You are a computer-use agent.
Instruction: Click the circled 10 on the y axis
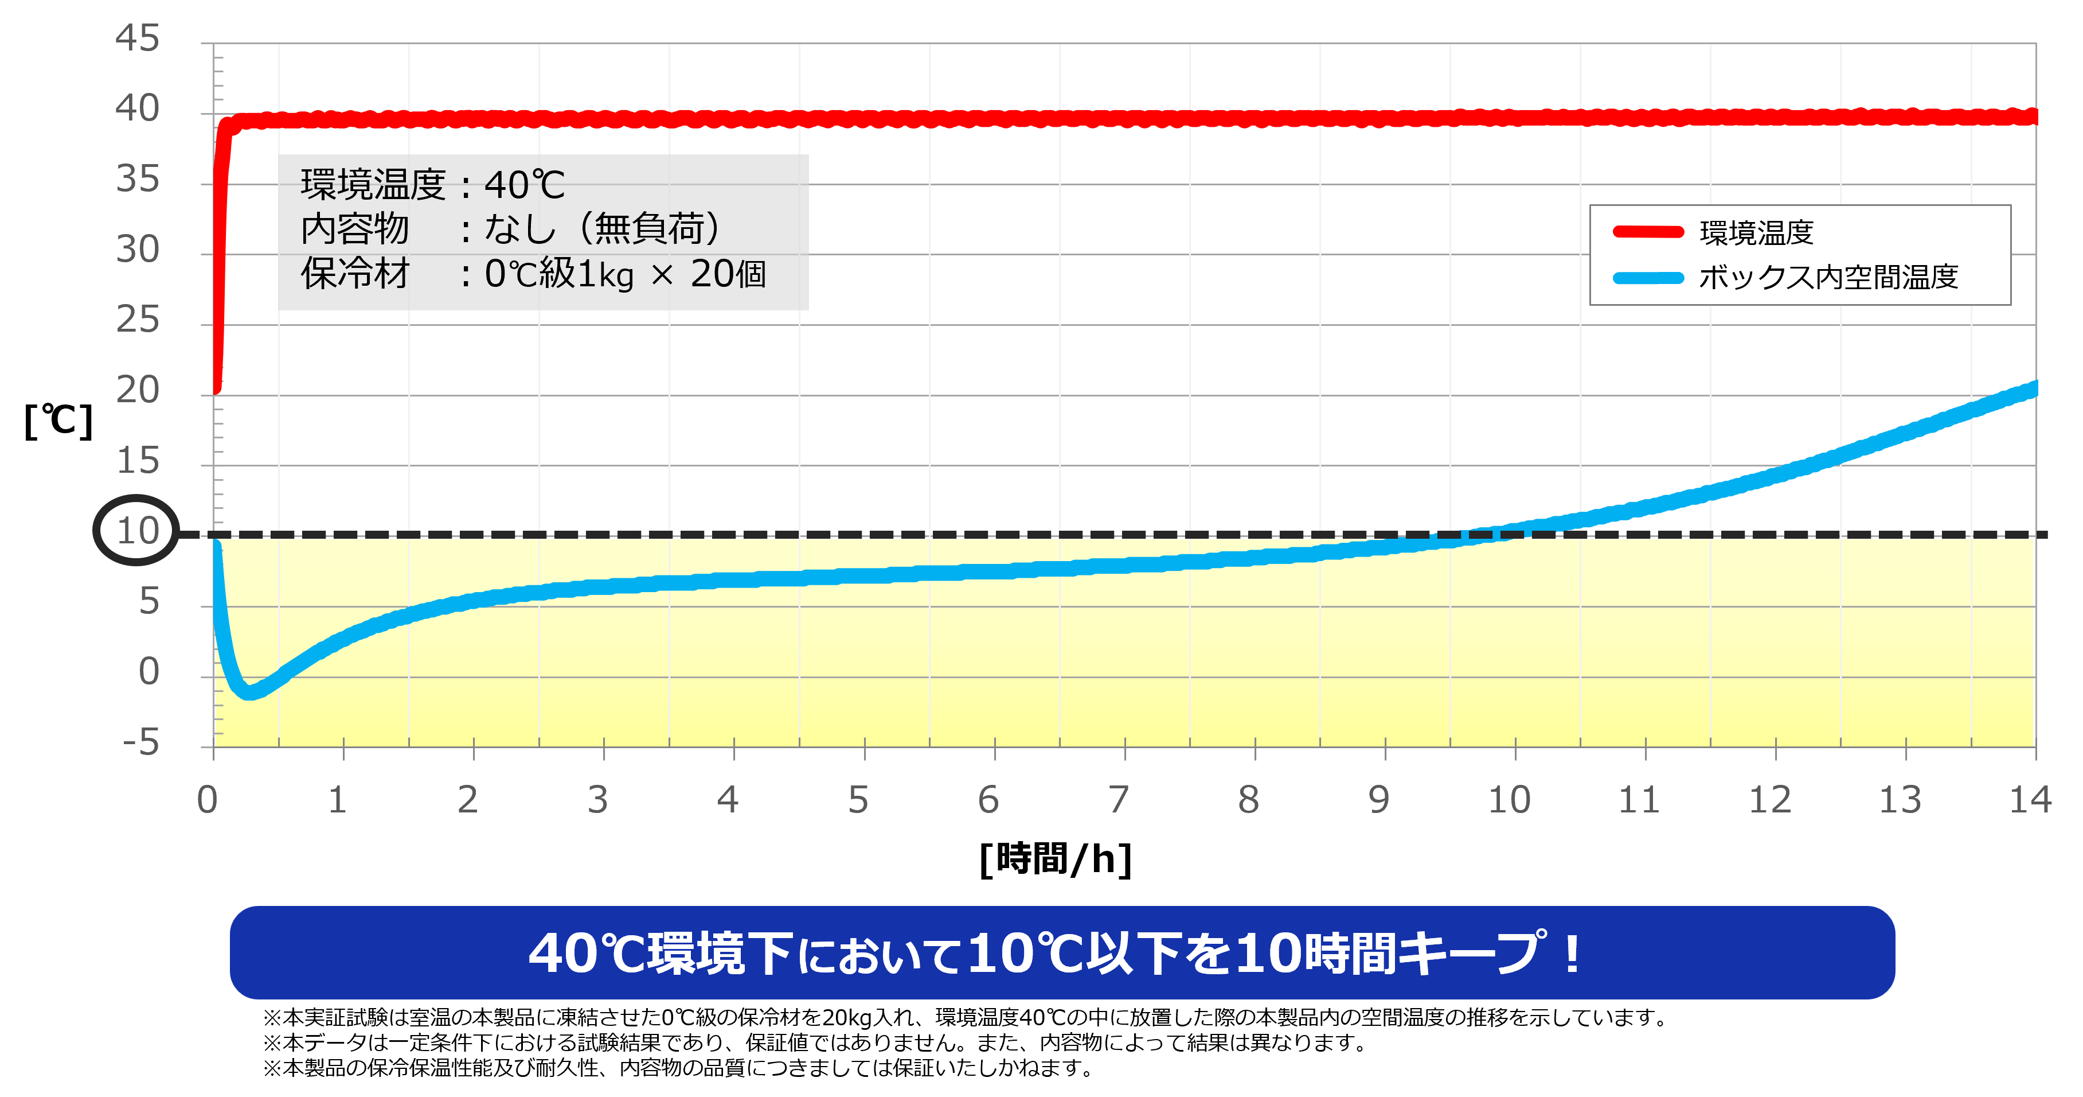(x=136, y=531)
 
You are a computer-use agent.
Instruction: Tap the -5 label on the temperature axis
(x=140, y=742)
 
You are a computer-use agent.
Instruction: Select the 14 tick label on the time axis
(x=2030, y=800)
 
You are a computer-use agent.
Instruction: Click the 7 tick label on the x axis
(x=1118, y=800)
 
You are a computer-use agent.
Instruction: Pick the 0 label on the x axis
(x=207, y=800)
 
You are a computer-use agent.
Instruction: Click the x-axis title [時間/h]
(x=1055, y=859)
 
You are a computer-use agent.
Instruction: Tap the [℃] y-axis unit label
(x=58, y=421)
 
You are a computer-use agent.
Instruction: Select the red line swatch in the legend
(x=1648, y=232)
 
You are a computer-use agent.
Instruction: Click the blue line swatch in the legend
(x=1648, y=278)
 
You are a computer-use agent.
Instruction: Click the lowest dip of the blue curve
(x=249, y=693)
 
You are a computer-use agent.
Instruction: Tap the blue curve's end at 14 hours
(x=2033, y=389)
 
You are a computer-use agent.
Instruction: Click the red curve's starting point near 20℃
(x=216, y=388)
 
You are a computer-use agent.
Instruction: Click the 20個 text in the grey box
(x=728, y=274)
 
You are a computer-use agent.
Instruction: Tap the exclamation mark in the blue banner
(x=1571, y=953)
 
